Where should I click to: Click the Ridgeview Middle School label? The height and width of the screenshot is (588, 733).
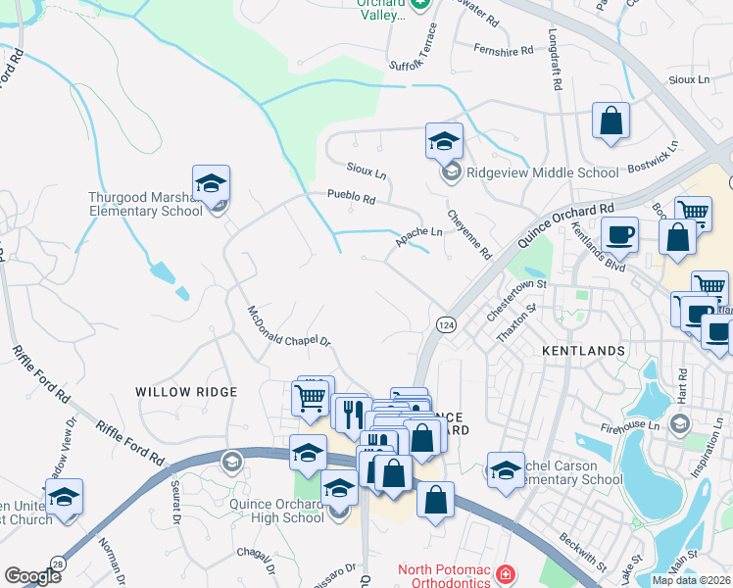(x=543, y=173)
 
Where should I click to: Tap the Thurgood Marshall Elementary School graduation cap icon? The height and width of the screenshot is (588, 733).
(x=211, y=183)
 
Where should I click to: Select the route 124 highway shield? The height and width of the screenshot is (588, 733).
(x=445, y=323)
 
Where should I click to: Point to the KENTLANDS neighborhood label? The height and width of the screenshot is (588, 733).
(x=584, y=350)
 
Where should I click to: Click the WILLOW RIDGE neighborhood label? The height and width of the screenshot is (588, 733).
(x=186, y=392)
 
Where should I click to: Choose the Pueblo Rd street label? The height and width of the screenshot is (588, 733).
(x=352, y=198)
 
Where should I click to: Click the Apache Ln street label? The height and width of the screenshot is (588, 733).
(x=418, y=234)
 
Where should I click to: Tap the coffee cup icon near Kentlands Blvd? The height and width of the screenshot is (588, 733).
(x=618, y=235)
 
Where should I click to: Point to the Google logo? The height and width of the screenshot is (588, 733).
(x=32, y=576)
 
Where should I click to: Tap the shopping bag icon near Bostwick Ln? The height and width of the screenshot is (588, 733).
(x=611, y=122)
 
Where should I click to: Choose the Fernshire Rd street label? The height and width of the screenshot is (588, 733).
(x=503, y=48)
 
